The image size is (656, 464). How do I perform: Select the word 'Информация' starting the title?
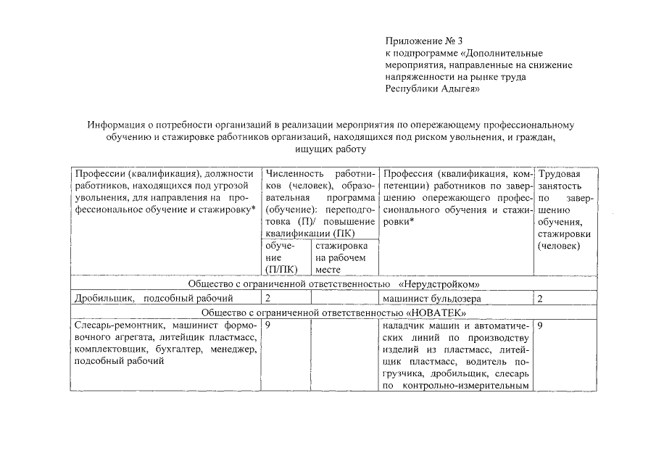pyautogui.click(x=117, y=124)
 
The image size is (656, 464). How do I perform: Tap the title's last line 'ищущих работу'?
pyautogui.click(x=327, y=149)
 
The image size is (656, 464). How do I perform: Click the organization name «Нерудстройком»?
pyautogui.click(x=440, y=283)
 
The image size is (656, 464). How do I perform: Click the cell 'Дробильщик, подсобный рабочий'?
pyautogui.click(x=154, y=298)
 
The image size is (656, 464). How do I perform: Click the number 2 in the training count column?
pyautogui.click(x=268, y=298)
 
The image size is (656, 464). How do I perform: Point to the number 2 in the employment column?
pyautogui.click(x=541, y=298)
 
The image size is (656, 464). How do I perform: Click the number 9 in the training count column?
pyautogui.click(x=268, y=326)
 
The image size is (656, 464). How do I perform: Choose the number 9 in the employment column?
pyautogui.click(x=541, y=326)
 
